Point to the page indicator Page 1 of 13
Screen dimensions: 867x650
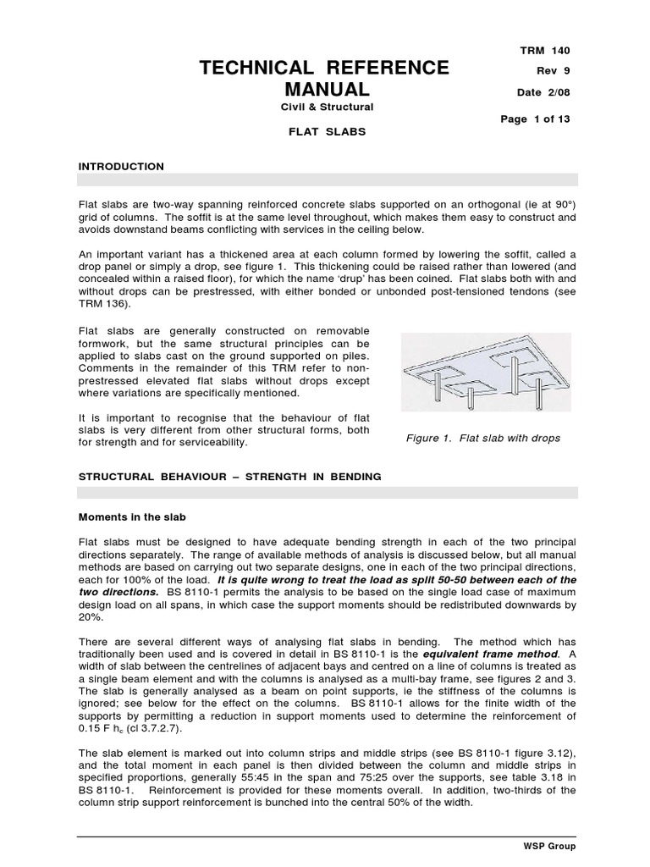pyautogui.click(x=536, y=119)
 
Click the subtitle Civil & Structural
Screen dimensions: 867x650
pyautogui.click(x=326, y=107)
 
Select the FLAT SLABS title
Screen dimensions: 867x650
pyautogui.click(x=326, y=132)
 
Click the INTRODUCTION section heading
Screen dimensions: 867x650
pyautogui.click(x=121, y=167)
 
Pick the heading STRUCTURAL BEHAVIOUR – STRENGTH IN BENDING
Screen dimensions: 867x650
pyautogui.click(x=229, y=477)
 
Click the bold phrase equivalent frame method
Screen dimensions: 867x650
pyautogui.click(x=492, y=631)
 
